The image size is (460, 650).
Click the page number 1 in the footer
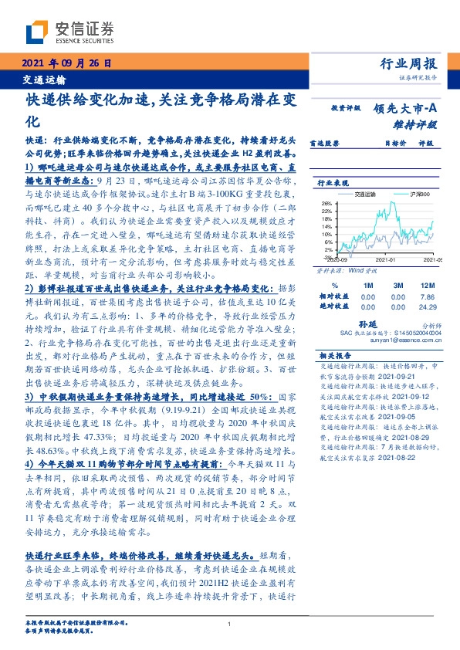[x=230, y=625]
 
